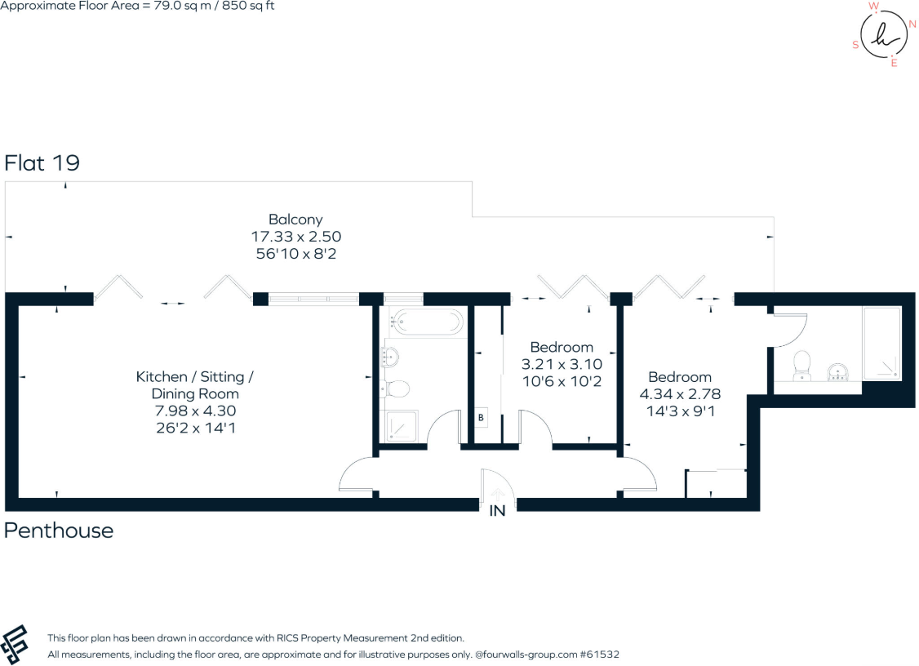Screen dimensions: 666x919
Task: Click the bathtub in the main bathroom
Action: click(426, 322)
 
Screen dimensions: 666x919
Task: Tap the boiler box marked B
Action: click(482, 417)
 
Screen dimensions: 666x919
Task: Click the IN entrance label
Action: click(497, 511)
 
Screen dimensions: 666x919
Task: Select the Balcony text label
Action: click(295, 219)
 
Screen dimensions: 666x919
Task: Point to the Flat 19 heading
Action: click(42, 163)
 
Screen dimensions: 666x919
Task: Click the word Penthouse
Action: click(59, 531)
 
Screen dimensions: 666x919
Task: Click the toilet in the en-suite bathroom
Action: click(802, 364)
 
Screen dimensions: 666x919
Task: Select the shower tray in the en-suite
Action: click(882, 342)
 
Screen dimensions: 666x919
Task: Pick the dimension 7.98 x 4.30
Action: click(195, 411)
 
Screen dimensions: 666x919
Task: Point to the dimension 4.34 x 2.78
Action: click(680, 394)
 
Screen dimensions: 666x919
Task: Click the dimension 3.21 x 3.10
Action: click(562, 364)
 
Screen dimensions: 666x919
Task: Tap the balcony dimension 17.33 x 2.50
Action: click(295, 237)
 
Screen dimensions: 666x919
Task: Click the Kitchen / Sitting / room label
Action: click(195, 377)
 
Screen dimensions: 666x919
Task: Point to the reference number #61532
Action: click(603, 655)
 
